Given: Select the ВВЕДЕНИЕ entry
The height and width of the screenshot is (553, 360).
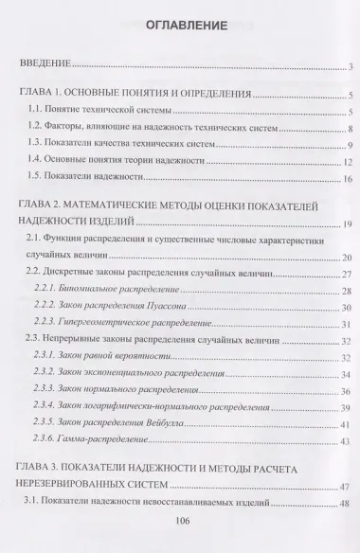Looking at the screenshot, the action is coord(48,66).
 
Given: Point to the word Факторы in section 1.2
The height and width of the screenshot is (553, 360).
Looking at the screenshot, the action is coord(69,128).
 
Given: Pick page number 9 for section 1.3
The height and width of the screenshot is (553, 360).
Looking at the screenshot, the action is coord(350,145).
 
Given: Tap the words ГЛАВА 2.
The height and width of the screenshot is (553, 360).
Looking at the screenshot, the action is coord(41,205).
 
